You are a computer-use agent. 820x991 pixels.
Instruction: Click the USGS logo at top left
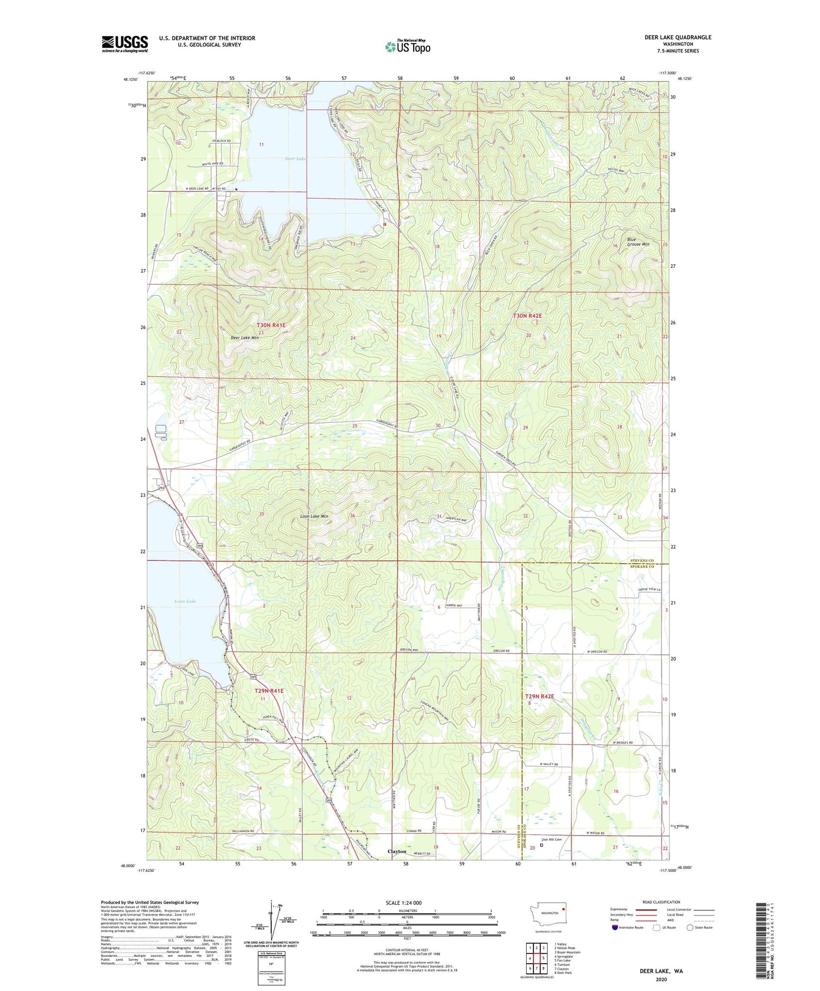[125, 44]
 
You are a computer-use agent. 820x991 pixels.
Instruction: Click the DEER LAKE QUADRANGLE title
[678, 37]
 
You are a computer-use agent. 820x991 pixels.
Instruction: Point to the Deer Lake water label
[295, 159]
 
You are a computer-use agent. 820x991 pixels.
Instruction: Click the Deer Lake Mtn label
[245, 338]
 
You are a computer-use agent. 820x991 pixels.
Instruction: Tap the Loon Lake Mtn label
[314, 517]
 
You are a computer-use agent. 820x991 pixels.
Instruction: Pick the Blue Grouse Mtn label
[638, 242]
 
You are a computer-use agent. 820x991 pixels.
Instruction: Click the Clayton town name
[397, 851]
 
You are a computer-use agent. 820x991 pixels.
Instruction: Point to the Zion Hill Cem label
[551, 839]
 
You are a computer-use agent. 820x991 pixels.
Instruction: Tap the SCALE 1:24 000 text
[403, 902]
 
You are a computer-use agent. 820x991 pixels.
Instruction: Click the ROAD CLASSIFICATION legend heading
[661, 902]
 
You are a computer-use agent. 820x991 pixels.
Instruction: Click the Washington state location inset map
[548, 915]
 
